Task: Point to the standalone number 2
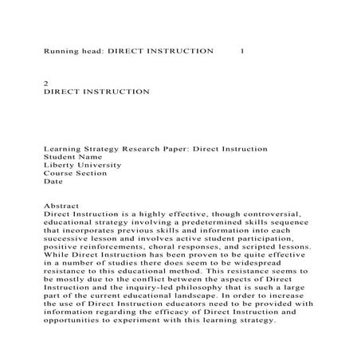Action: coord(45,83)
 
